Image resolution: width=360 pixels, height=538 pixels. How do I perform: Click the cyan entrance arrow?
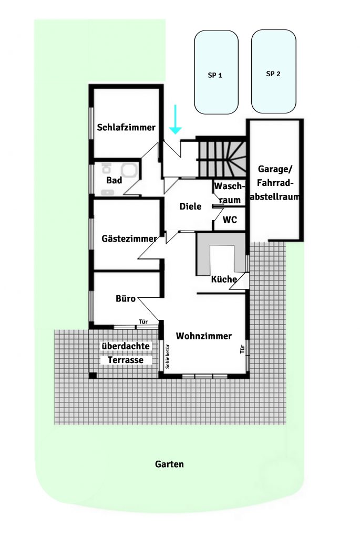(x=176, y=119)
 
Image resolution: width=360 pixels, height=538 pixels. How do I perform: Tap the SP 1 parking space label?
(x=215, y=75)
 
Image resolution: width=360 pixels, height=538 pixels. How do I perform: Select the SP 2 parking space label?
(x=273, y=74)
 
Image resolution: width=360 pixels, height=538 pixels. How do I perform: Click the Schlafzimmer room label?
(x=126, y=127)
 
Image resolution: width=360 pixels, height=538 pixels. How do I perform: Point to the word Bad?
(x=114, y=180)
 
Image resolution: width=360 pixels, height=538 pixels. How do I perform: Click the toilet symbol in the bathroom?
(x=107, y=168)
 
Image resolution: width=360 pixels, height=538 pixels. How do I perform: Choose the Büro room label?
(x=126, y=298)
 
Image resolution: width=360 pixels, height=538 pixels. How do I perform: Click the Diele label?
(x=190, y=206)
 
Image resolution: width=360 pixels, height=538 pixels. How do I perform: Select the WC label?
(x=230, y=219)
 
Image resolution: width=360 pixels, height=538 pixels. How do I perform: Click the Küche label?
(x=224, y=279)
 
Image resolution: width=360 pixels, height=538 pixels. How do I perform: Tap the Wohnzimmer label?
(x=204, y=336)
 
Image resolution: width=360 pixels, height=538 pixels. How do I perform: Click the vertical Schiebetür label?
(x=168, y=356)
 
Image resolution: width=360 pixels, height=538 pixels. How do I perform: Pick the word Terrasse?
(x=126, y=360)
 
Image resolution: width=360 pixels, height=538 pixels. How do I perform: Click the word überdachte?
(x=126, y=346)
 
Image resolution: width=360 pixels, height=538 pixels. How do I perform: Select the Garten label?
(x=169, y=464)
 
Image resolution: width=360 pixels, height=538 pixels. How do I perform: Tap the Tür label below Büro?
(x=143, y=322)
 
